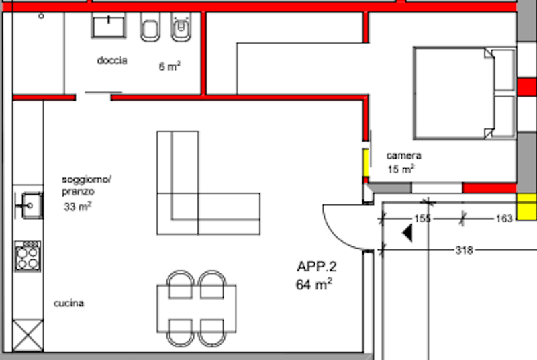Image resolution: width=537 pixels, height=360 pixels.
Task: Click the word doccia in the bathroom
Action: click(112, 60)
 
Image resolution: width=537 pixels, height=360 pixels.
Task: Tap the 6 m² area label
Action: click(170, 66)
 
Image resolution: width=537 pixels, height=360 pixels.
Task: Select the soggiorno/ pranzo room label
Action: click(87, 185)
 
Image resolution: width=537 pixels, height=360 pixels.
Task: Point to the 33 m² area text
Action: click(77, 206)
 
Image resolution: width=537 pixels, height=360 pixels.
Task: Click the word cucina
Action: click(69, 303)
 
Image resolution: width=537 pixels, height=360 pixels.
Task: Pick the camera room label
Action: click(404, 156)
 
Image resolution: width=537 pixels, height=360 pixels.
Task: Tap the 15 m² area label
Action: click(401, 169)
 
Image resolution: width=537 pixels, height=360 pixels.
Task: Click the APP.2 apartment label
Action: click(317, 267)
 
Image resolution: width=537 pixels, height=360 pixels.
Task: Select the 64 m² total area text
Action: click(314, 284)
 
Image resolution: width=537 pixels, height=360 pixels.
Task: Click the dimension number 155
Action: click(422, 218)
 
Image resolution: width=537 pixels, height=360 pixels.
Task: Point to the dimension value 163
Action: click(504, 218)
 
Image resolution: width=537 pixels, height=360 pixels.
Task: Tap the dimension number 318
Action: click(464, 251)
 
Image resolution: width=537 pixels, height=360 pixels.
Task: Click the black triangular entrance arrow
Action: click(408, 233)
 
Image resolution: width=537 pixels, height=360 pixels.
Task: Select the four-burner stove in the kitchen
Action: click(28, 257)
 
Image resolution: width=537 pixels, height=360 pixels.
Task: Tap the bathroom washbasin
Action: click(109, 26)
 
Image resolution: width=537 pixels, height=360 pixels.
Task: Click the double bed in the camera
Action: click(465, 93)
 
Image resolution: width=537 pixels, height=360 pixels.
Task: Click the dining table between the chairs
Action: click(197, 309)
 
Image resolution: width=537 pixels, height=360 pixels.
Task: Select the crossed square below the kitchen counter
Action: click(28, 336)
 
